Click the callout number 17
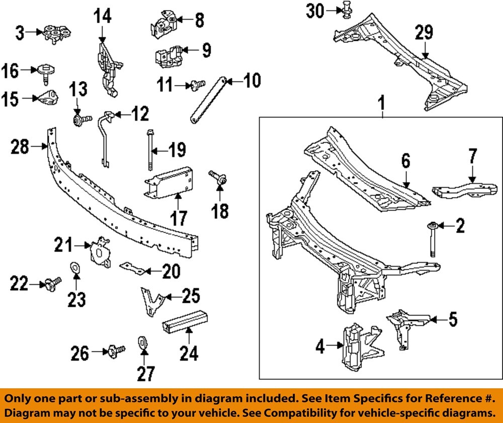point(179,218)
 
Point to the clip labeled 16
point(46,72)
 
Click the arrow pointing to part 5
point(436,319)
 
